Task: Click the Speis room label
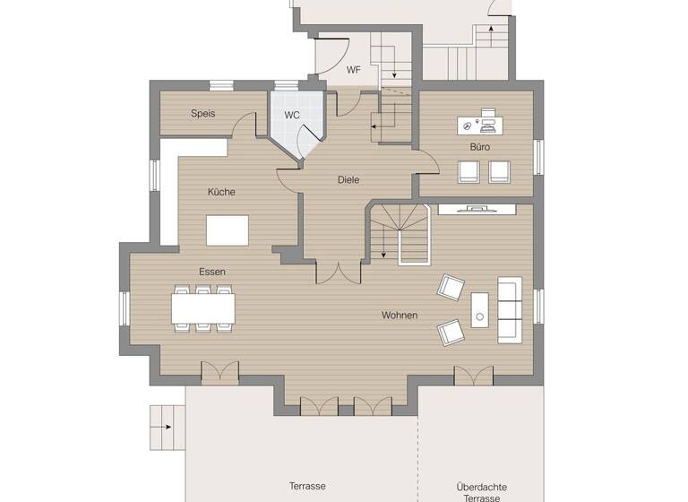click(x=202, y=114)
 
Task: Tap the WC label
click(x=292, y=116)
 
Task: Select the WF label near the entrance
click(x=354, y=70)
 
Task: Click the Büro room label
click(x=480, y=147)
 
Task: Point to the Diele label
click(x=348, y=180)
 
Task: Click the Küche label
click(x=221, y=192)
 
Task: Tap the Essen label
click(x=212, y=272)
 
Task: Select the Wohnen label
click(x=400, y=316)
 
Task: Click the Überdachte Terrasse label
click(x=481, y=492)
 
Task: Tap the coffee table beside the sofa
click(x=479, y=310)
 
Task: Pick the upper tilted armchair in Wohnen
click(x=451, y=288)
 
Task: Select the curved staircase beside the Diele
click(x=400, y=233)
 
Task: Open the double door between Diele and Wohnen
click(x=332, y=273)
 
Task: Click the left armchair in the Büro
click(x=469, y=170)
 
